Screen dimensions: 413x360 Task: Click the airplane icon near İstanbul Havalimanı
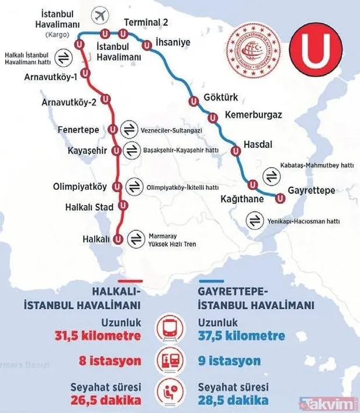[x=101, y=13]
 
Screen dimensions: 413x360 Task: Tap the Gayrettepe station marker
[x=281, y=198]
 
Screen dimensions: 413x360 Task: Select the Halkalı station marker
[x=117, y=239]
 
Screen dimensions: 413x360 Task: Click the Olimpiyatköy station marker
[x=117, y=187]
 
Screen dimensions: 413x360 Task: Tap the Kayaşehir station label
[x=88, y=151]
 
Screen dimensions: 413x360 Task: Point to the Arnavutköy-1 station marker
[x=86, y=74]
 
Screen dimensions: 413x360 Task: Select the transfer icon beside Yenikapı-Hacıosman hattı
[x=255, y=221]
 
